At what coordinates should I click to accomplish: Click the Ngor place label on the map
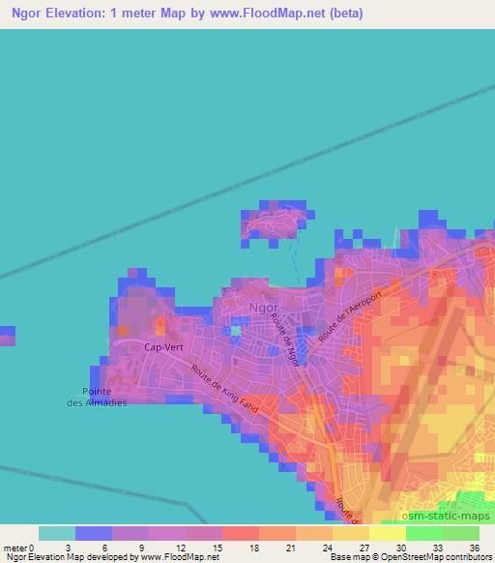(264, 309)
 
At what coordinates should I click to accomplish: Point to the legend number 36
(475, 547)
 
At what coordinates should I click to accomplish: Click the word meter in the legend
(14, 547)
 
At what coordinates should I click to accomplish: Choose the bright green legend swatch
(423, 533)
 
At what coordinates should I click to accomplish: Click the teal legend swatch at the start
(57, 533)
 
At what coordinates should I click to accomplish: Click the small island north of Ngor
(277, 223)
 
